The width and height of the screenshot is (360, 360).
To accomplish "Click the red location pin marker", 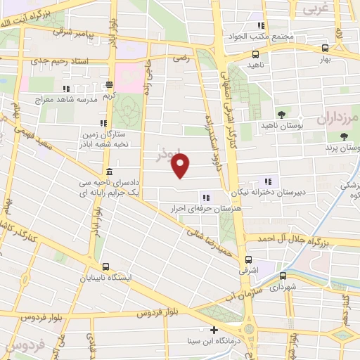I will tap(181, 166).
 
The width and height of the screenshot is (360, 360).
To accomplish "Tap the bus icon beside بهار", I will tap(325, 49).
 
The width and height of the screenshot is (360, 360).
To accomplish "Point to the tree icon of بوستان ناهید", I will tap(282, 114).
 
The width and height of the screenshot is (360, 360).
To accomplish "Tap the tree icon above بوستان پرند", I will tap(344, 136).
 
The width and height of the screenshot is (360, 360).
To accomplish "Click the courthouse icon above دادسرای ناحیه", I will tap(109, 172).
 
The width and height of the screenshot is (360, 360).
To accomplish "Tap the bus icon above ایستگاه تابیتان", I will tap(105, 266).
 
